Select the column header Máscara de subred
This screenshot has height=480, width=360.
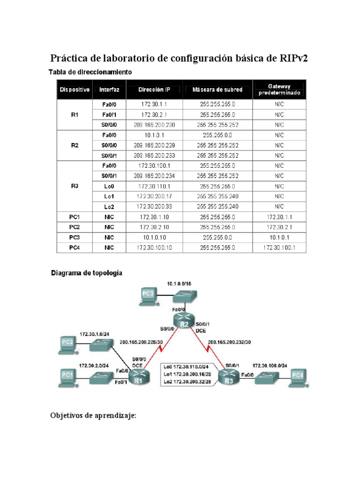217,90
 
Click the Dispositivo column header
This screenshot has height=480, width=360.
74,90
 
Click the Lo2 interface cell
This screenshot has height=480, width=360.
109,206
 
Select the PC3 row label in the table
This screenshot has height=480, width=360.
74,237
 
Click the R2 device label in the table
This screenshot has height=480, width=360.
74,145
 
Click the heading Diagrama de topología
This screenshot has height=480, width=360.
87,272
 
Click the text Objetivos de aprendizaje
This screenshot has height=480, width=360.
93,415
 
